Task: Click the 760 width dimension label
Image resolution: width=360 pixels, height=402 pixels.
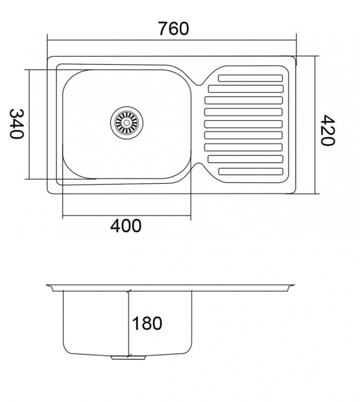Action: click(x=173, y=29)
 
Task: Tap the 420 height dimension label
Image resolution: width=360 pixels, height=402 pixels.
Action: click(x=328, y=130)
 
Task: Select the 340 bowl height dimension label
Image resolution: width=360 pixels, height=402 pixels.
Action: click(x=17, y=124)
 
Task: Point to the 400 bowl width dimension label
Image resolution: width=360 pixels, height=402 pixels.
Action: click(x=126, y=226)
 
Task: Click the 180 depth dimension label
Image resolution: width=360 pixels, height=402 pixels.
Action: click(x=147, y=323)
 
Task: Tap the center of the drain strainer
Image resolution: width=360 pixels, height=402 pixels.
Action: click(x=127, y=123)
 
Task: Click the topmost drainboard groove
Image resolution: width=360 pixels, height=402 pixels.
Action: click(x=250, y=78)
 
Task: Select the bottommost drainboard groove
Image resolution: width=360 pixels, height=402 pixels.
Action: click(x=251, y=171)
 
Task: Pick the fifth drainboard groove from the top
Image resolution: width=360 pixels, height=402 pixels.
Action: click(x=243, y=124)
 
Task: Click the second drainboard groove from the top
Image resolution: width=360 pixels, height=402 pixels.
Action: click(x=246, y=89)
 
